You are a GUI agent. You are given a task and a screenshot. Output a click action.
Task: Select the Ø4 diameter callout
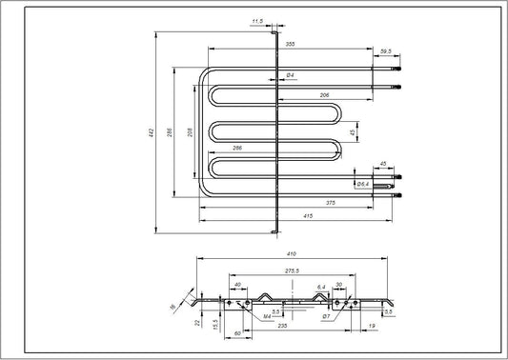(289, 75)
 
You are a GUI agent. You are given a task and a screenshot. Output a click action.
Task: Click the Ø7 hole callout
(326, 315)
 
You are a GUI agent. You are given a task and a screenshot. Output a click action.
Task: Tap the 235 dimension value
(282, 326)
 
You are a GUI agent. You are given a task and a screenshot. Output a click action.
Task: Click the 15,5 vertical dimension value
(217, 324)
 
